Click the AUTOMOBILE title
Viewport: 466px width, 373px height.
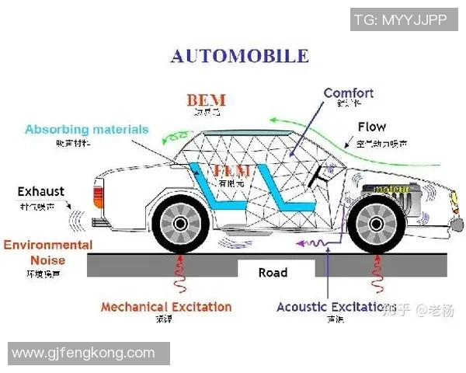[x=239, y=56]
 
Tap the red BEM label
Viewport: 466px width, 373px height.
[x=206, y=100]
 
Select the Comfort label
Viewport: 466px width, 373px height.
[x=348, y=93]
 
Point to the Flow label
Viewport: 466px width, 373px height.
[x=372, y=127]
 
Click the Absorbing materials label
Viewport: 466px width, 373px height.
[x=86, y=129]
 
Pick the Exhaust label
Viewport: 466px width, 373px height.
[x=41, y=191]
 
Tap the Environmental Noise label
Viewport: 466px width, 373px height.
[x=47, y=253]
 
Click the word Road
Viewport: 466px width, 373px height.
[x=273, y=272]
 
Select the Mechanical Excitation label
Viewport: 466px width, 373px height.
[x=166, y=306]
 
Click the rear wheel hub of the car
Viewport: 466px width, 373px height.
[x=180, y=223]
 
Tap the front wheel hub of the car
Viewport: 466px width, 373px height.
[x=376, y=223]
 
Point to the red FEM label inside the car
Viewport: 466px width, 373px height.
[x=231, y=171]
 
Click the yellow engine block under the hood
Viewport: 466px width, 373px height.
[x=395, y=190]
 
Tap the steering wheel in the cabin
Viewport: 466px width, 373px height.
[x=317, y=181]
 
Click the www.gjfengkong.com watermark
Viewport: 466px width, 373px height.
[x=84, y=353]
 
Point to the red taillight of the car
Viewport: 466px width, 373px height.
[x=99, y=192]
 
